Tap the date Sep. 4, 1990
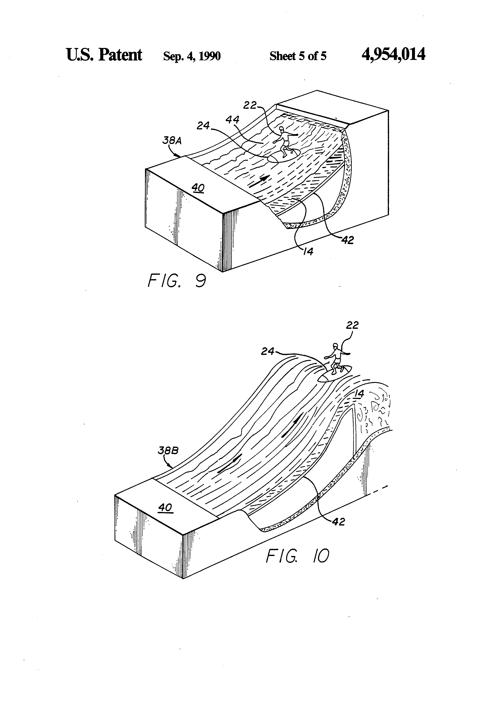pos(192,56)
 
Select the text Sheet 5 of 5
pos(298,56)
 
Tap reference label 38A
pos(172,141)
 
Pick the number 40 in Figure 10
pos(165,508)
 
